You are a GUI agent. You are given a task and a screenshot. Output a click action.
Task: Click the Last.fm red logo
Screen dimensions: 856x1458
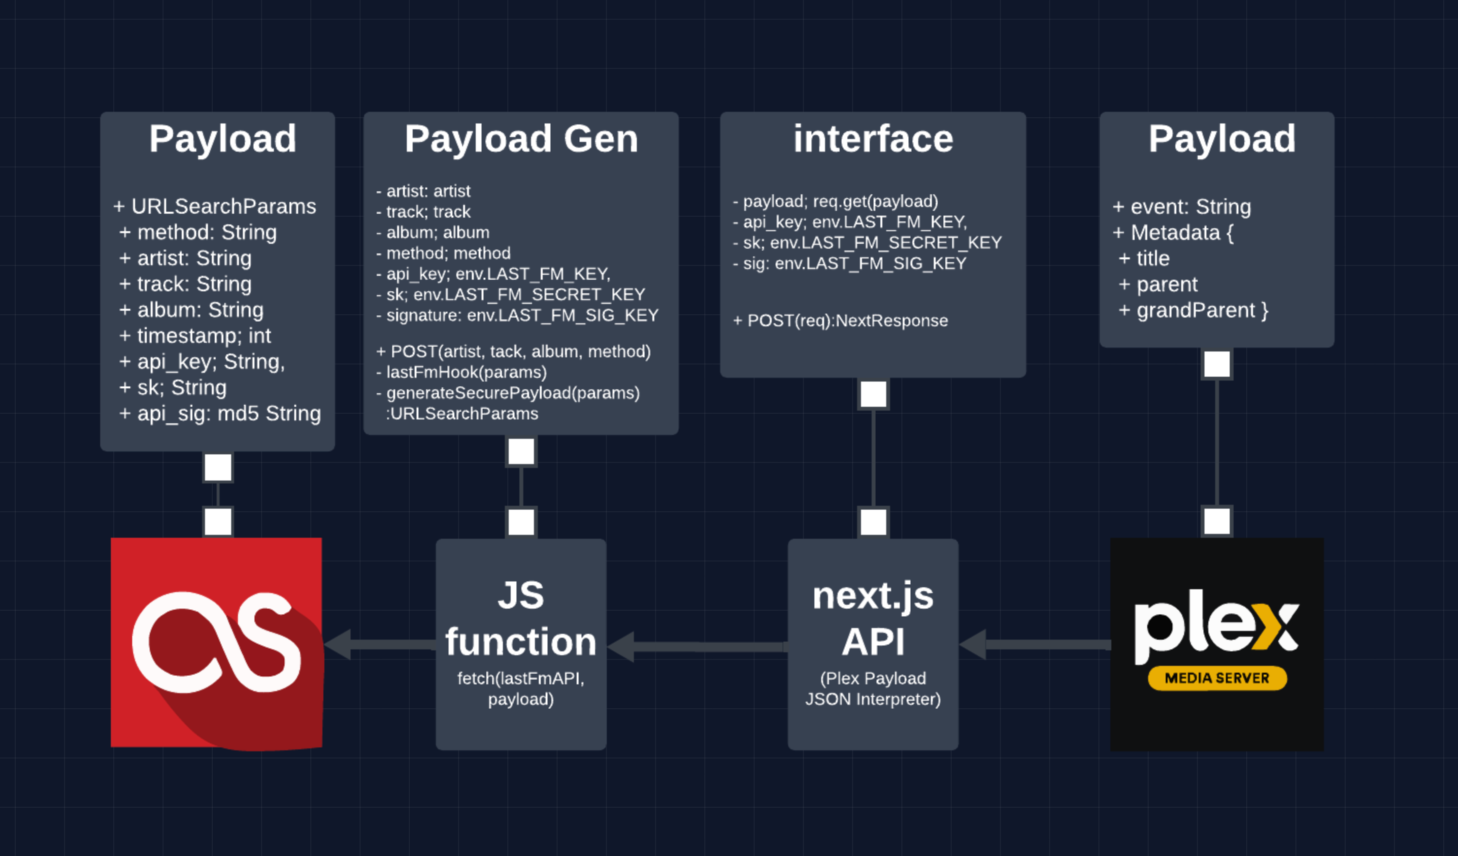click(x=216, y=642)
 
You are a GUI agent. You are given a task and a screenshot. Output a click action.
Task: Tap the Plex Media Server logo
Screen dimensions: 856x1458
click(x=1217, y=644)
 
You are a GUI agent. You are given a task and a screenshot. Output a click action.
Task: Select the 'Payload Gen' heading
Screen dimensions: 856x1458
click(x=521, y=139)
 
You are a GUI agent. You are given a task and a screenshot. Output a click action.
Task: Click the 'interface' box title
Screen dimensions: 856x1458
click(x=872, y=139)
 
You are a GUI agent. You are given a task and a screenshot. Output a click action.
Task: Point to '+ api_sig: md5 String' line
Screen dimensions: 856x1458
click(x=220, y=414)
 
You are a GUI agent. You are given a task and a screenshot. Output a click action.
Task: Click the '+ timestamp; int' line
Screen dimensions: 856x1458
click(x=195, y=336)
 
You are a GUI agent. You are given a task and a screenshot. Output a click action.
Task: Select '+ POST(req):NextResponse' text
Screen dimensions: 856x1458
click(x=840, y=321)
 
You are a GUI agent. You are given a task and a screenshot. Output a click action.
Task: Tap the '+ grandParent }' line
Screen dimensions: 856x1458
click(x=1193, y=311)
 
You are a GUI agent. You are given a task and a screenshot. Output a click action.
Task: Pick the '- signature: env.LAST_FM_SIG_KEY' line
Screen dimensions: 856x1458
click(x=517, y=315)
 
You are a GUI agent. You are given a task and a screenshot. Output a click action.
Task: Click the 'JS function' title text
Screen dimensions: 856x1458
click(x=521, y=619)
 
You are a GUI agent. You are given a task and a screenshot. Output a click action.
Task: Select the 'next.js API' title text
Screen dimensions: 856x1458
click(x=872, y=619)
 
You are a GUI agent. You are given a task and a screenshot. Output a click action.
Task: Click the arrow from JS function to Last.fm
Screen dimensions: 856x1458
click(x=379, y=644)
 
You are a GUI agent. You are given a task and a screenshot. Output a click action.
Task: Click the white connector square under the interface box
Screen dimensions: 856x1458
click(x=873, y=395)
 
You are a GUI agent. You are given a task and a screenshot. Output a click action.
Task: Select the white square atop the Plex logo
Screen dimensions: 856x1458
click(x=1217, y=521)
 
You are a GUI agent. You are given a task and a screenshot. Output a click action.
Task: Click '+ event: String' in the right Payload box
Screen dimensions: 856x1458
click(x=1182, y=206)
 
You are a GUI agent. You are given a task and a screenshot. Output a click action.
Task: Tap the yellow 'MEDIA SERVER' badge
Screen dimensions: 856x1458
click(x=1217, y=678)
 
